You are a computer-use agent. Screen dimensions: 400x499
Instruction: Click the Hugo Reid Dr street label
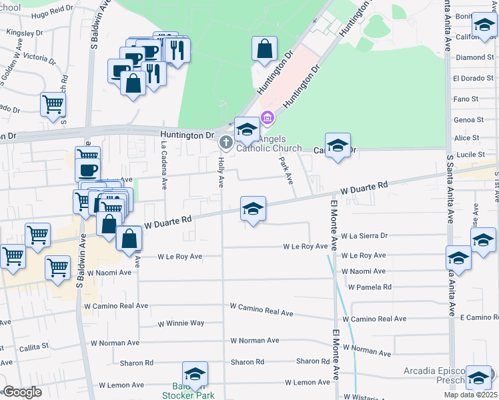tap(65, 13)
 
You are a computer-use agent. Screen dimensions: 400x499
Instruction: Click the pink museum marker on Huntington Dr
tap(268, 119)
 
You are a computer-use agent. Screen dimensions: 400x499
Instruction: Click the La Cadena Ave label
tap(162, 158)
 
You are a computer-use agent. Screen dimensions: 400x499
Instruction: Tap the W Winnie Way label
tap(180, 323)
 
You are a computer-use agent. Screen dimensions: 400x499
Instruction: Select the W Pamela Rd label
tap(369, 287)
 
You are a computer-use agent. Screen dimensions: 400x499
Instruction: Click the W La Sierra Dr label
tap(364, 235)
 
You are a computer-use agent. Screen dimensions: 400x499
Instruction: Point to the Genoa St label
tap(468, 120)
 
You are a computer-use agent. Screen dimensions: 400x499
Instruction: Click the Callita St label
tap(33, 347)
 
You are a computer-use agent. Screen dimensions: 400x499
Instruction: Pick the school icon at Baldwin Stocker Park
tap(195, 375)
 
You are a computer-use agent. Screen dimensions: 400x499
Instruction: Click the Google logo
tap(22, 392)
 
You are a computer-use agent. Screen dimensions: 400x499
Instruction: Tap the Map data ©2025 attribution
tap(470, 395)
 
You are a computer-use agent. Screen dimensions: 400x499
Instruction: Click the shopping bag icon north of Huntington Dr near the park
tap(265, 49)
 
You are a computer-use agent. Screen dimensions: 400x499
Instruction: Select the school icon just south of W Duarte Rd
tap(253, 209)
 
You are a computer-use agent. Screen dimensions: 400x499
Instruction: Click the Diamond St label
tap(474, 57)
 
